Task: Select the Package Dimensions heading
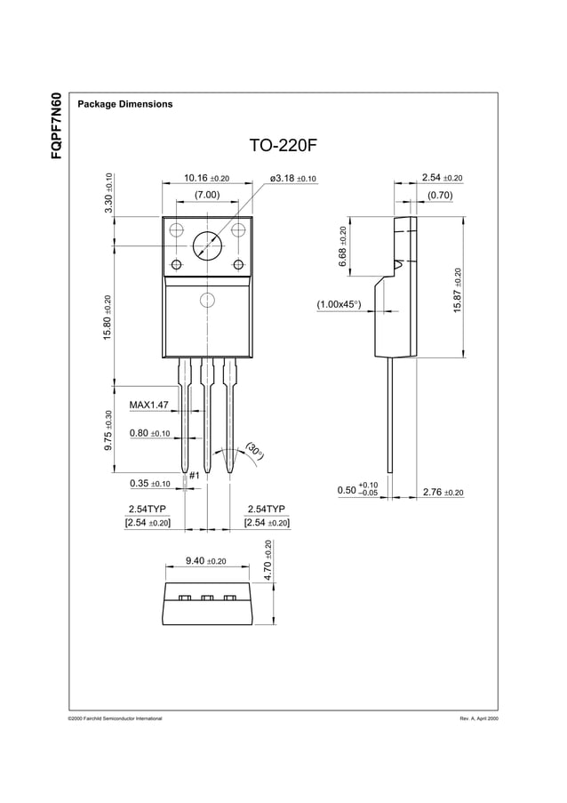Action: (125, 104)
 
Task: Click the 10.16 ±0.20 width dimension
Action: (206, 179)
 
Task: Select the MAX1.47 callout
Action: (148, 406)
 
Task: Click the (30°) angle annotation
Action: (256, 452)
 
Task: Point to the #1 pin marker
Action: (193, 476)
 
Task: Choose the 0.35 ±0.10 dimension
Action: (149, 484)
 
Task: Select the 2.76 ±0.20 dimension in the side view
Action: (443, 492)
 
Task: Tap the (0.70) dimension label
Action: (440, 195)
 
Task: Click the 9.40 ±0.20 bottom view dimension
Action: (205, 561)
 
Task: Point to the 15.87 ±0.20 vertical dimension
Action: (458, 290)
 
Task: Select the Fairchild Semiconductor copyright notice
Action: (115, 718)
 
